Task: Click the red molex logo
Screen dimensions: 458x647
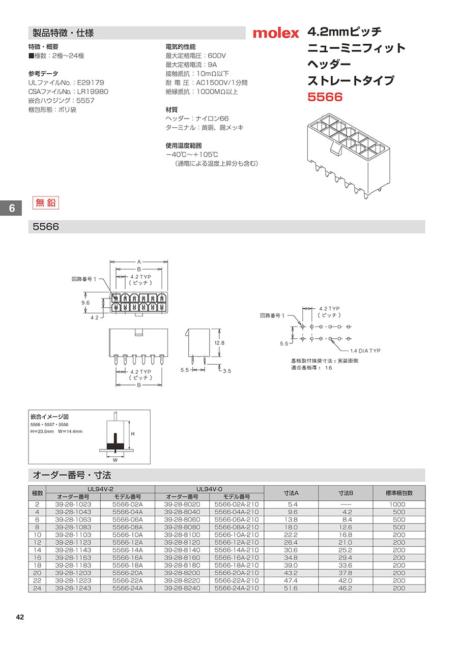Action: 276,33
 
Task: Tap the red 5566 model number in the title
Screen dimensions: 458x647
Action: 325,97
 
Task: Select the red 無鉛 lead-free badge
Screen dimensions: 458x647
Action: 46,203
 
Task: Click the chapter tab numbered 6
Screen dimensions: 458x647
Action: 11,208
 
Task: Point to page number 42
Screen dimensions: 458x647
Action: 20,617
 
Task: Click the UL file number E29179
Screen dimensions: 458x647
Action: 91,82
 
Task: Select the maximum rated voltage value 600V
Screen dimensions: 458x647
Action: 217,56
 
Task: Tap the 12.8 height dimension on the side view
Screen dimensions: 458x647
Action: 219,343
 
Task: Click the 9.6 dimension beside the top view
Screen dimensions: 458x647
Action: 85,303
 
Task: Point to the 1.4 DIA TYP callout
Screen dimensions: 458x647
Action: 365,350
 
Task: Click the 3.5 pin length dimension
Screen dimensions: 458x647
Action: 227,371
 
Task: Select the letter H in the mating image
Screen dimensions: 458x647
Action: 133,434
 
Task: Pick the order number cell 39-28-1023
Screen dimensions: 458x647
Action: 73,504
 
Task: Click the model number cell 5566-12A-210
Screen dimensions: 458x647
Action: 237,542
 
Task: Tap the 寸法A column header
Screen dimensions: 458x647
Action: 291,493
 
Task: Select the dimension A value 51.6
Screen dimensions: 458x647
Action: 291,588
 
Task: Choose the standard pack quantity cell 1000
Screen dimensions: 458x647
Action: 397,504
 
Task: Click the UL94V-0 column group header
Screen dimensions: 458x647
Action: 209,489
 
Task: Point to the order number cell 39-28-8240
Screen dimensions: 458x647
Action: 182,588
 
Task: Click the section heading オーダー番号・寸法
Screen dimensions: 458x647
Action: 72,475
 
